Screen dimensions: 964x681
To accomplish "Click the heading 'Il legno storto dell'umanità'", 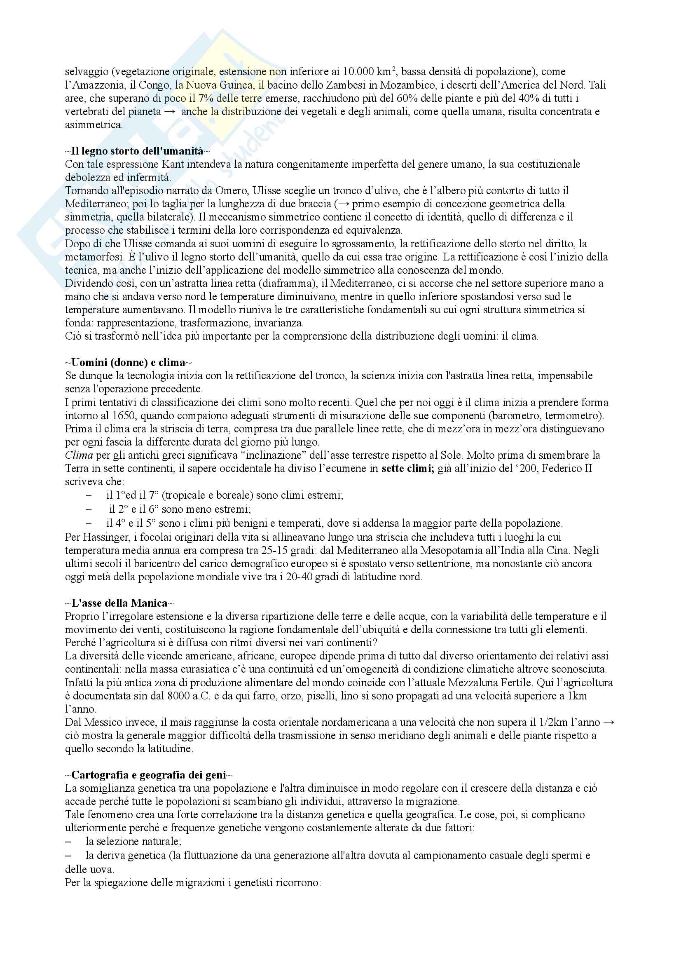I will (x=137, y=151).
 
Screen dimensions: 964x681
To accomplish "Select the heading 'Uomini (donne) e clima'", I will (x=129, y=362).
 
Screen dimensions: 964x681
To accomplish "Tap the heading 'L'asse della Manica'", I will (x=119, y=603).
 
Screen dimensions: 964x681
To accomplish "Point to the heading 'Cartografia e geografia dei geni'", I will (x=149, y=775).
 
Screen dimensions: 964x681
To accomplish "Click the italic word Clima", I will (x=78, y=455).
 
